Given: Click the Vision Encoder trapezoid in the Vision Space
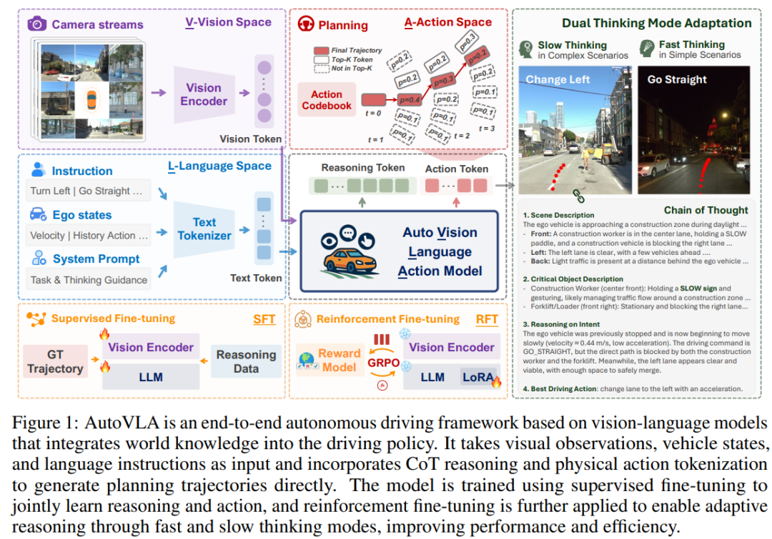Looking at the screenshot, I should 204,95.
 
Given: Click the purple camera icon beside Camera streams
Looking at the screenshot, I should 36,24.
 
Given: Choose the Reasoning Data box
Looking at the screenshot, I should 246,361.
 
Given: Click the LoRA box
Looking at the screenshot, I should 477,377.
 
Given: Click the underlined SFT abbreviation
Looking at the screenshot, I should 264,319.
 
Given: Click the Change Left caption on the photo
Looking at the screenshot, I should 559,80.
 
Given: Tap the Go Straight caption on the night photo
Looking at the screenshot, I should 677,79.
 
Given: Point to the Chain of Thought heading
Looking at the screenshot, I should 706,210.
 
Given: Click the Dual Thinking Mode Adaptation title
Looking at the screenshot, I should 656,24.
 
